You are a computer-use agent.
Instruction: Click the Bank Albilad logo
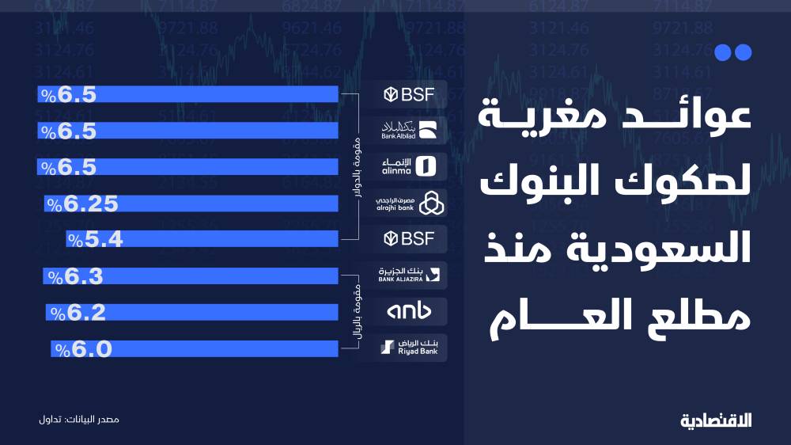point(409,130)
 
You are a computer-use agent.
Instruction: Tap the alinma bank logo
point(409,166)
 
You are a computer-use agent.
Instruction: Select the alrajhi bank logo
point(409,203)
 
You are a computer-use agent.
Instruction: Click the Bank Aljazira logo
point(409,276)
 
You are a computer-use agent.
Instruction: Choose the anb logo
point(409,312)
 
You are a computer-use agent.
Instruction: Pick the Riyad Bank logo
point(409,348)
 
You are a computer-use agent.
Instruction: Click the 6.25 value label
point(82,204)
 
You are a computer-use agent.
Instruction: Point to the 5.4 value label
point(95,239)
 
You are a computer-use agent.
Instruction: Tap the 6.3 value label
point(76,276)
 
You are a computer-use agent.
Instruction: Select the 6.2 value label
point(78,313)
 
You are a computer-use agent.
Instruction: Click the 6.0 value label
point(83,348)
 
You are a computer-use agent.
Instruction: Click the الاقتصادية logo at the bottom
point(715,417)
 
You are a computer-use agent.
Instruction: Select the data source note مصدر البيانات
point(78,417)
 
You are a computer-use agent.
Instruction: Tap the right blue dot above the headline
point(741,53)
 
